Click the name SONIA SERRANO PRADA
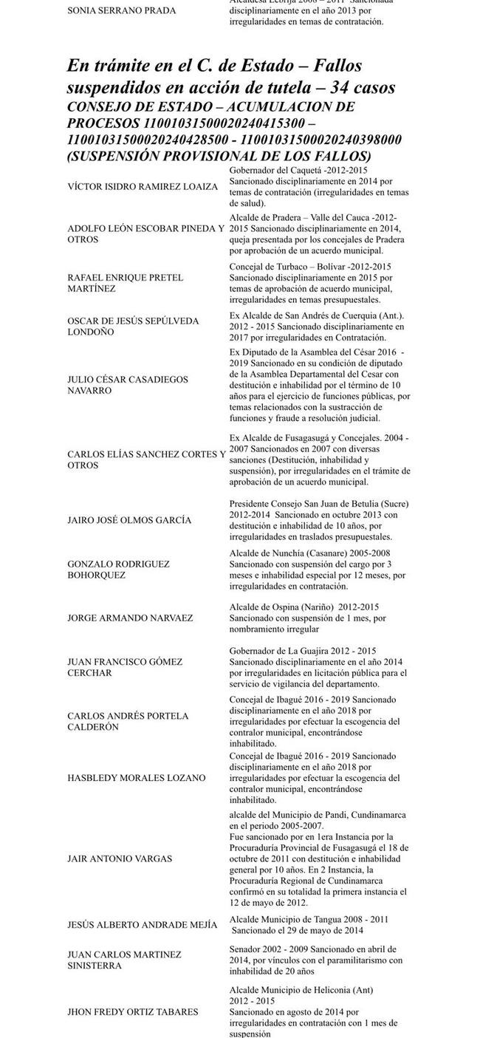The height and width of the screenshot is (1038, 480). tap(122, 11)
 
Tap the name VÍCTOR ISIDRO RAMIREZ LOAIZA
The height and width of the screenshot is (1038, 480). tap(143, 187)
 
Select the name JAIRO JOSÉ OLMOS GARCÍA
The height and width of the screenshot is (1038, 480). tap(129, 520)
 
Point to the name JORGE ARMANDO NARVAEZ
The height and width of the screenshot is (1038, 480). tap(130, 618)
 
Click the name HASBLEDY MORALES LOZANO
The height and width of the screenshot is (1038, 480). tap(137, 778)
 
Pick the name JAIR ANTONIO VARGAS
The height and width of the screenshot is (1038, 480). tap(120, 858)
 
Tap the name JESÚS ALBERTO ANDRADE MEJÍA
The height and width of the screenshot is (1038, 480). tap(143, 925)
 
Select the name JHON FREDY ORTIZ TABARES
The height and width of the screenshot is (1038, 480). tap(133, 1011)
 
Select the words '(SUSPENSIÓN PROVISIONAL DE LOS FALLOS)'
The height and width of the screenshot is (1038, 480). tap(219, 157)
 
